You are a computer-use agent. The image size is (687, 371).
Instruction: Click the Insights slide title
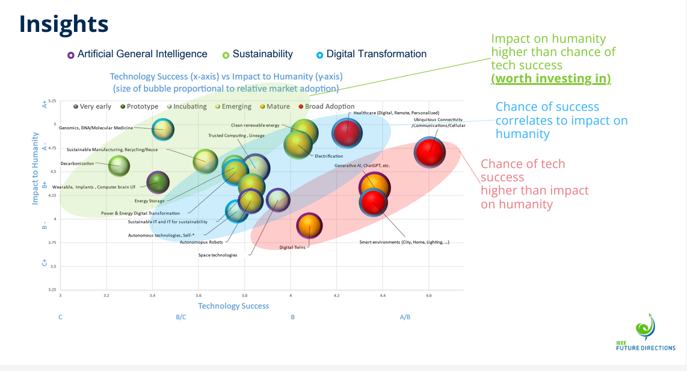point(64,24)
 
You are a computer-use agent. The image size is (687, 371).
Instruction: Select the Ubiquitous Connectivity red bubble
point(430,152)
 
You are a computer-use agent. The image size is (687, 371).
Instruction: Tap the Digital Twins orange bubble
point(309,226)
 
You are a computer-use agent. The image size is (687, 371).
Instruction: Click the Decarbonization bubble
point(119,166)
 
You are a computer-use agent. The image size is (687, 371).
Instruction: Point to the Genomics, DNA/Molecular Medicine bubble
point(163,129)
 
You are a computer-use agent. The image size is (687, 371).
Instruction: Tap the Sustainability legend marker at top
point(226,55)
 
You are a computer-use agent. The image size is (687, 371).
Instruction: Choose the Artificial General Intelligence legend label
point(142,54)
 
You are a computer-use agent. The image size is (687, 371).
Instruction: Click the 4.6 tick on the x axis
point(429,295)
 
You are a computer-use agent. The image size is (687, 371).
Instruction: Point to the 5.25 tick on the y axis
point(52,101)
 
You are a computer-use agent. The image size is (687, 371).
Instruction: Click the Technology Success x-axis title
point(233,306)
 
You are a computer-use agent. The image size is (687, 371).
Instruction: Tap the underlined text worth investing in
point(551,79)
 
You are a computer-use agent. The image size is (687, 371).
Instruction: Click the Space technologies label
point(218,255)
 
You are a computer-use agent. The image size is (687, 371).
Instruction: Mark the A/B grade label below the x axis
point(405,317)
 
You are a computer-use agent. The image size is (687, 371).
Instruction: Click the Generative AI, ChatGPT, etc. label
point(362,165)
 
